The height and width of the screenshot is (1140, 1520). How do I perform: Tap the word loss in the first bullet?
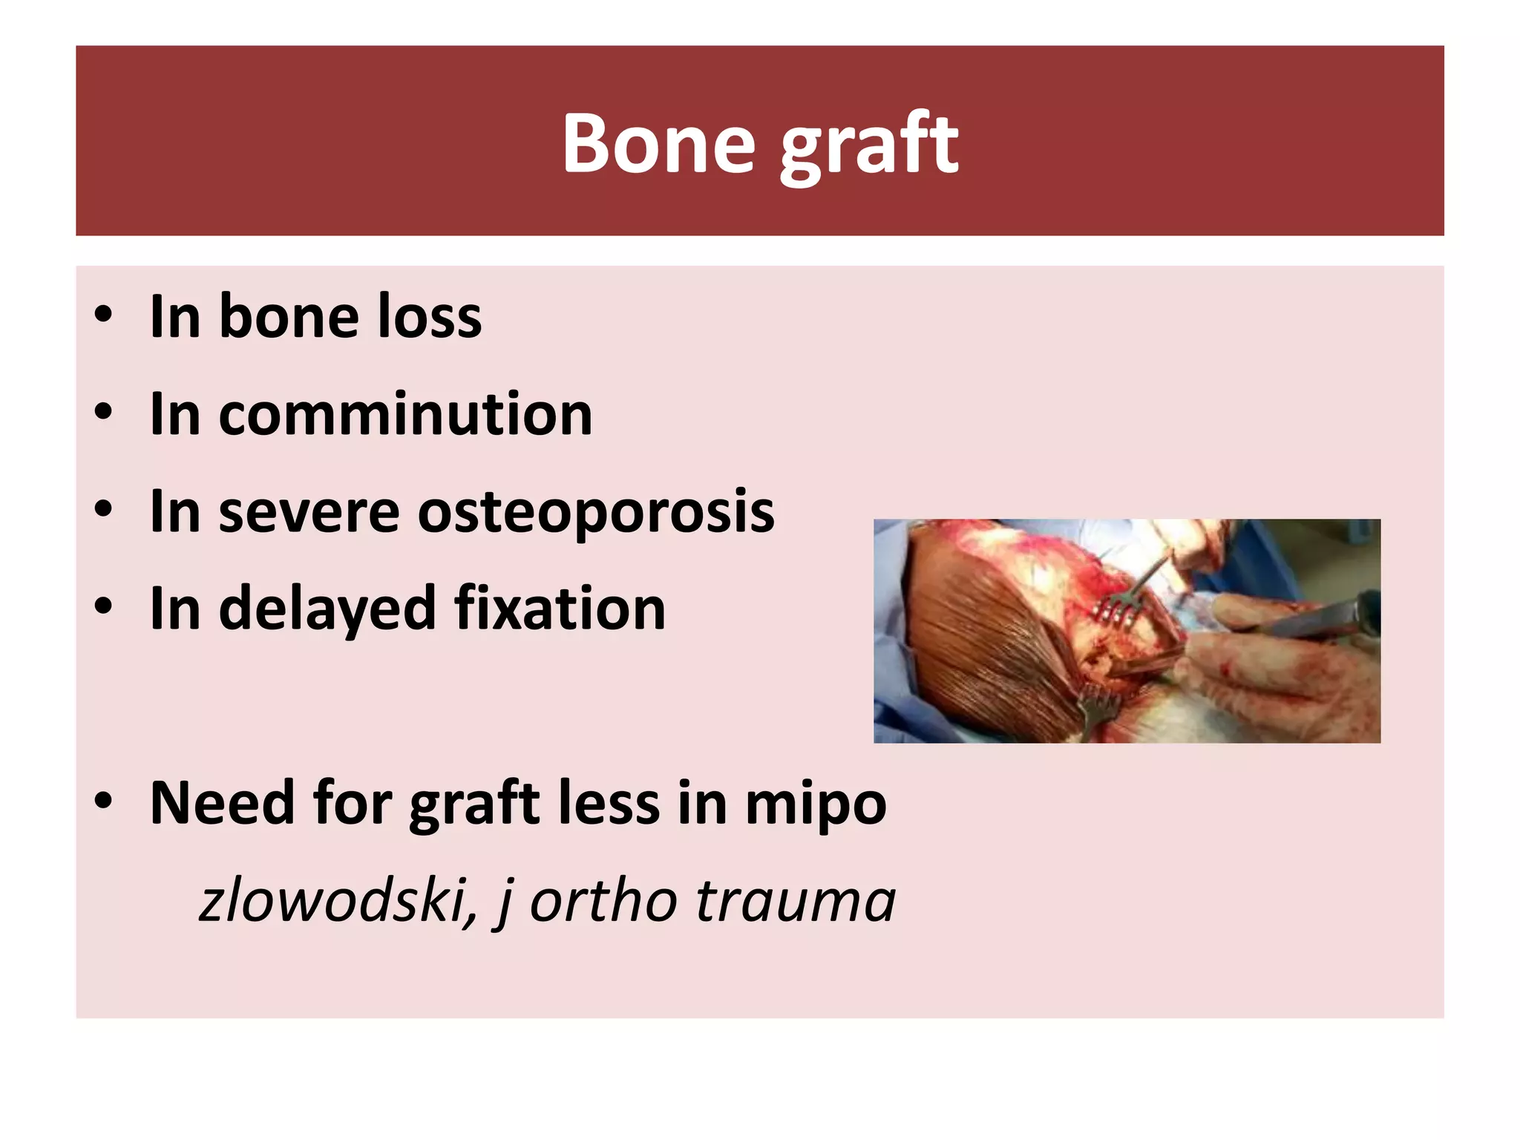point(430,317)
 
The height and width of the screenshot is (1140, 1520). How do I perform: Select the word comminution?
point(405,414)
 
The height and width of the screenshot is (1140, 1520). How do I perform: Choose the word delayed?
point(327,609)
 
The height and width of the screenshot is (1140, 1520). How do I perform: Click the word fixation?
point(560,609)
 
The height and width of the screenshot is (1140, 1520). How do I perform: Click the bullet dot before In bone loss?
point(103,315)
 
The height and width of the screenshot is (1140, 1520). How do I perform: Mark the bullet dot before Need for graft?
point(103,802)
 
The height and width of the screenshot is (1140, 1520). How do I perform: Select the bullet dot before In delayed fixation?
point(103,607)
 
